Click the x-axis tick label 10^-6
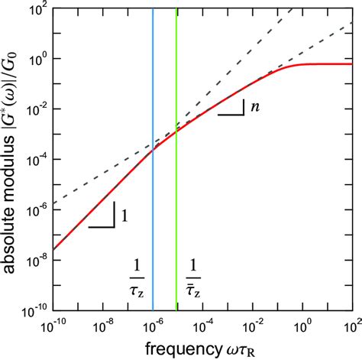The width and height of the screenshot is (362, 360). pyautogui.click(x=153, y=327)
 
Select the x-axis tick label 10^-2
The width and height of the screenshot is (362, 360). pyautogui.click(x=253, y=327)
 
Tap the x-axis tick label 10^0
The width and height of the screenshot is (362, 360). pyautogui.click(x=303, y=327)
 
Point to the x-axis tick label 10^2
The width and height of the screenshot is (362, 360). pyautogui.click(x=352, y=327)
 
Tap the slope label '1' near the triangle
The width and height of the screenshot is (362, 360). pyautogui.click(x=124, y=216)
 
